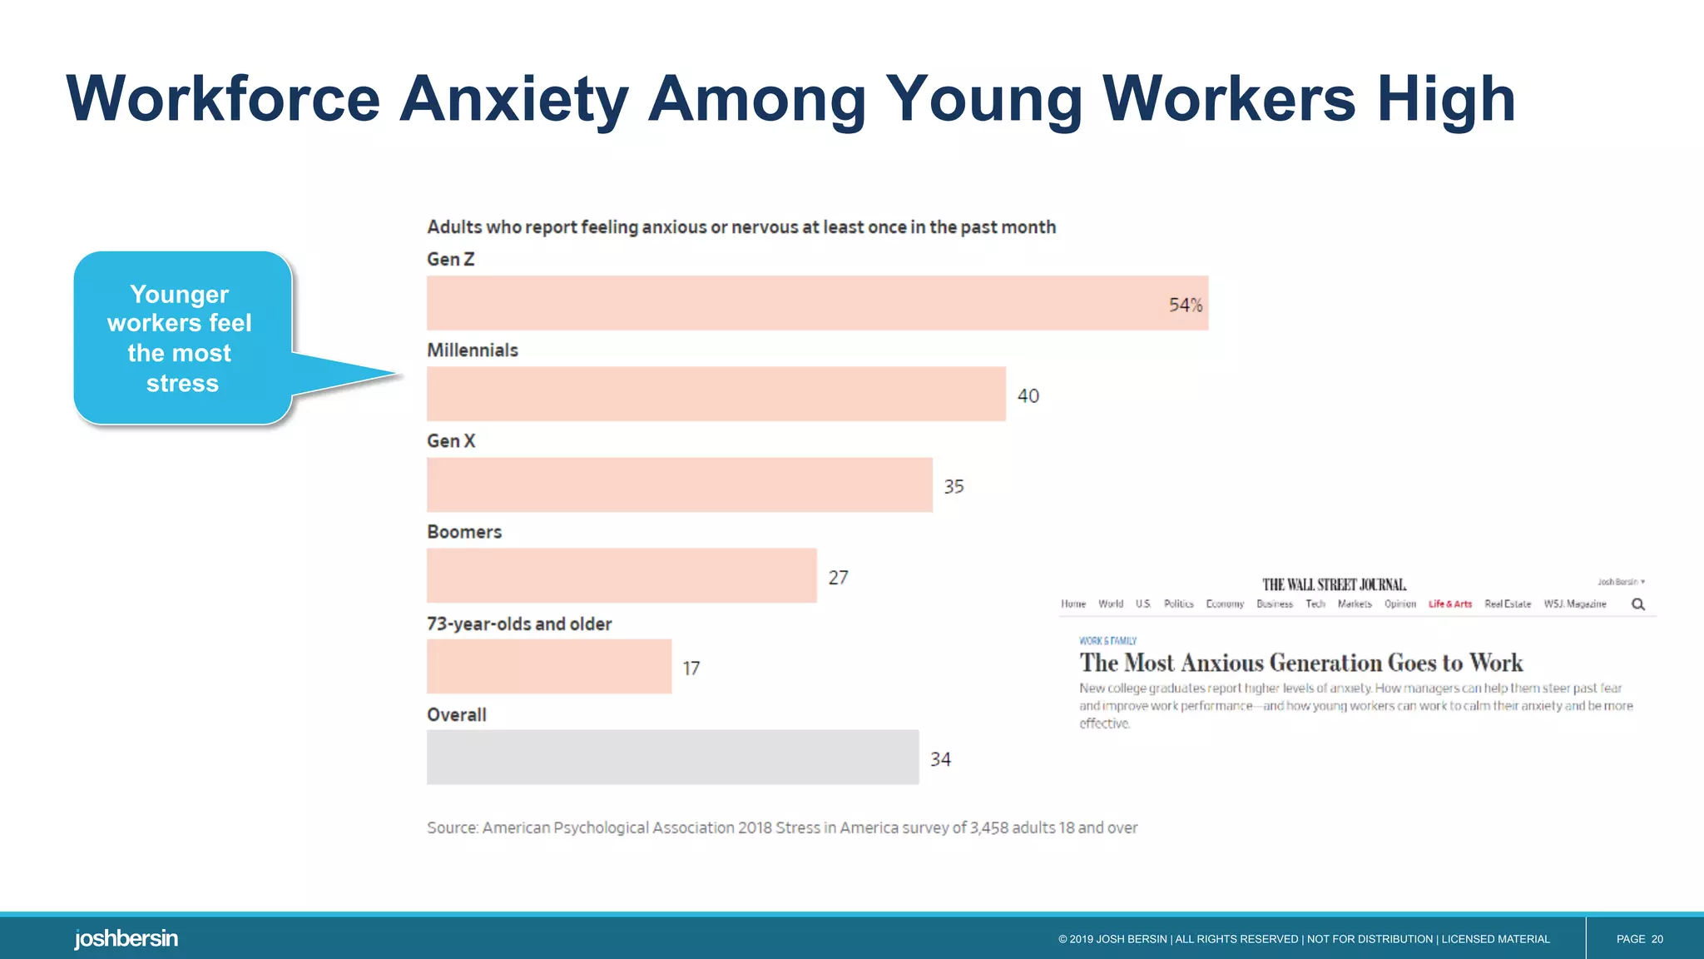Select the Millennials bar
tap(716, 394)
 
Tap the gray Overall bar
tap(672, 758)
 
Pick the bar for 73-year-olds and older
tap(549, 667)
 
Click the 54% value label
tap(1185, 306)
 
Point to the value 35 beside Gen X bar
tap(954, 486)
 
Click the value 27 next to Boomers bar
tap(838, 578)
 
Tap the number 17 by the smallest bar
tap(691, 668)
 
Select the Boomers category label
tap(464, 532)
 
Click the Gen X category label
tap(451, 441)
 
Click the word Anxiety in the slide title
tap(513, 100)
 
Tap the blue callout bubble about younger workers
tap(182, 339)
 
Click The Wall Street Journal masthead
tap(1334, 584)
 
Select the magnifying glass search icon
tap(1637, 604)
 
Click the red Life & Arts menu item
tap(1449, 604)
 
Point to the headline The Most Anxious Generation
tap(1300, 663)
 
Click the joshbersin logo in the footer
tap(126, 939)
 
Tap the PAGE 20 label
tap(1639, 939)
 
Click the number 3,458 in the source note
tap(988, 827)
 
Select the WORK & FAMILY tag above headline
tap(1107, 641)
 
